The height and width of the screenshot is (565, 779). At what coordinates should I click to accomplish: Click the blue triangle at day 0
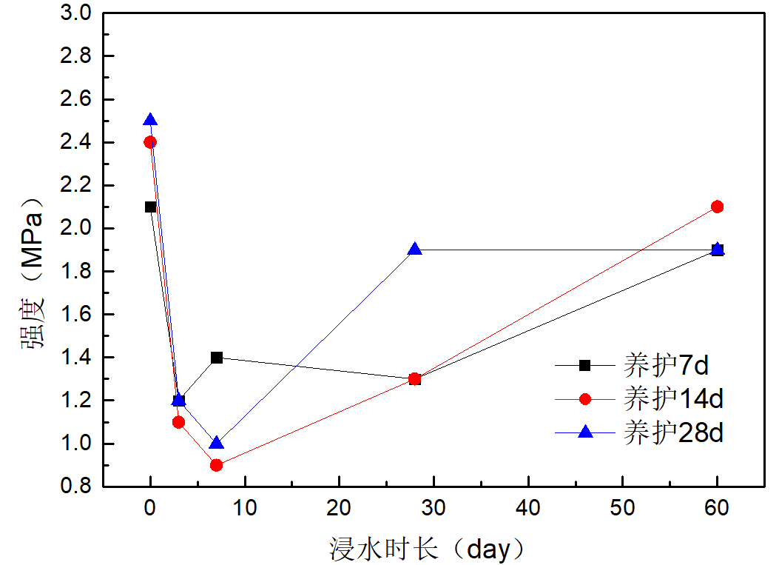[150, 120]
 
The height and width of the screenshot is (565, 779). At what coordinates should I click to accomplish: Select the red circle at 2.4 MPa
[150, 142]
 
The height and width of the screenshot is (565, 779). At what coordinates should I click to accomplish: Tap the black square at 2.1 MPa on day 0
[150, 207]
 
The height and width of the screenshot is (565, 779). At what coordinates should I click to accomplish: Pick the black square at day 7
[217, 358]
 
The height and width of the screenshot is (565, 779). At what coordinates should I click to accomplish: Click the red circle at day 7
[217, 465]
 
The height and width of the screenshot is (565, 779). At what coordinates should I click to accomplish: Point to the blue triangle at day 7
[217, 443]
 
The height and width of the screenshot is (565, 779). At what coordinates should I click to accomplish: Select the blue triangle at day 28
[415, 249]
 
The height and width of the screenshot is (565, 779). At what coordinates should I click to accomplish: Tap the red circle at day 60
[717, 207]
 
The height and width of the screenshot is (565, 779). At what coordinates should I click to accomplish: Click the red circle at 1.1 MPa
[178, 422]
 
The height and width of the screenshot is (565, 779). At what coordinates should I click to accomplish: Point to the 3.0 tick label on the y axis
[77, 13]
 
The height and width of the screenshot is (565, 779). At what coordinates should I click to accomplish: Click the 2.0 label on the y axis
[77, 228]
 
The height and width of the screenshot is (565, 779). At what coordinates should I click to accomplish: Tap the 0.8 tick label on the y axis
[77, 487]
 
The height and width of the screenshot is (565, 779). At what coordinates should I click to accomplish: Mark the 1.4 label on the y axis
[77, 358]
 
